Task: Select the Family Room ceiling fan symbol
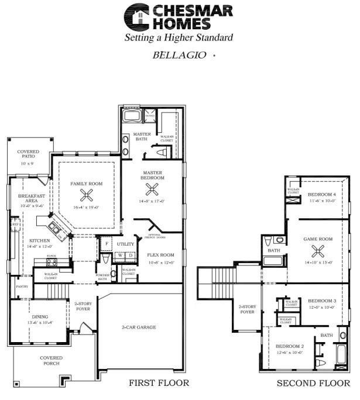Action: coord(87,197)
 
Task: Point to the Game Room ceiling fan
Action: coord(318,252)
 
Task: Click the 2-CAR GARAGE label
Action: coord(139,327)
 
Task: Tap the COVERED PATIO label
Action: coord(28,154)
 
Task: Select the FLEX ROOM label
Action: coord(160,255)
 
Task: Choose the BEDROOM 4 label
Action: coord(322,194)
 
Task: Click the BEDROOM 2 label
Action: coord(289,347)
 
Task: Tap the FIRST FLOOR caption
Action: coord(159,384)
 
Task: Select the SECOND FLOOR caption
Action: coord(313,384)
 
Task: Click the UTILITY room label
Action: coord(125,244)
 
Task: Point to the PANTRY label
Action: coord(22,287)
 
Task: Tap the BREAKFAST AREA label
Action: coord(28,199)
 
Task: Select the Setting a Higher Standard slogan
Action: coord(179,37)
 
